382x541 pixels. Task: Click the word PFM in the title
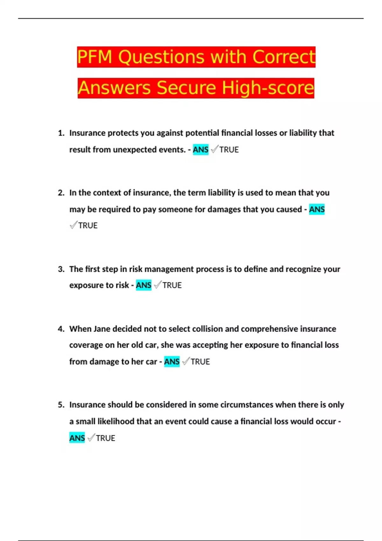[x=95, y=57]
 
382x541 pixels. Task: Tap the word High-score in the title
[x=268, y=88]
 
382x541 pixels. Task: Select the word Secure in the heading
[x=186, y=88]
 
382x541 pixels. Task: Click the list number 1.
[x=61, y=133]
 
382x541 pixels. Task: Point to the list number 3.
[x=61, y=269]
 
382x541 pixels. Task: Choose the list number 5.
[x=61, y=405]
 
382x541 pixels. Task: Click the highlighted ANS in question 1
[x=201, y=150]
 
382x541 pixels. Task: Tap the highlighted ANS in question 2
[x=317, y=209]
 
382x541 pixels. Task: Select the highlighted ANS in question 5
[x=77, y=438]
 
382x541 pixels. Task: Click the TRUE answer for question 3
[x=172, y=285]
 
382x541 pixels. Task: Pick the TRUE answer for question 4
[x=200, y=362]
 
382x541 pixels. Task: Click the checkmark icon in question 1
[x=215, y=149]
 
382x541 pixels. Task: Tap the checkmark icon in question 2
[x=73, y=225]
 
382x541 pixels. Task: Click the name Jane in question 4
[x=102, y=329]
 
